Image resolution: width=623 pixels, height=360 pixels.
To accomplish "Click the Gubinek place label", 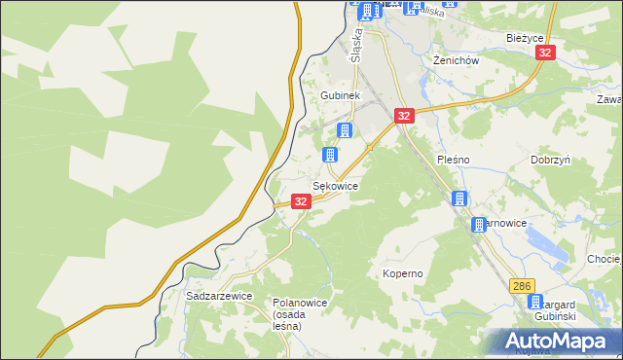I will [x=341, y=96].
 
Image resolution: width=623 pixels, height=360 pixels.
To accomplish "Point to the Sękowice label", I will [x=335, y=185].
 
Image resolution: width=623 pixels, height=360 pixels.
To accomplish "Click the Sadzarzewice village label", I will [x=219, y=295].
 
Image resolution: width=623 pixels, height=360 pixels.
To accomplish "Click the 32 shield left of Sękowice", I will [x=301, y=201].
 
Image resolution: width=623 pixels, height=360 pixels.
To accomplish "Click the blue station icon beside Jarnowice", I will [x=479, y=225].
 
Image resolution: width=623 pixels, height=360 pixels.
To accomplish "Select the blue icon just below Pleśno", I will [x=459, y=198].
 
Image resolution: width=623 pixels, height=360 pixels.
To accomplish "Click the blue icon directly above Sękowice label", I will [x=330, y=155].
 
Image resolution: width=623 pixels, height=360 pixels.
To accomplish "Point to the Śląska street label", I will [x=358, y=45].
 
